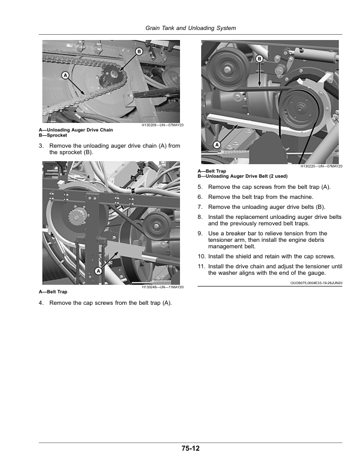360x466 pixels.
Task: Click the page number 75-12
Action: tap(191, 448)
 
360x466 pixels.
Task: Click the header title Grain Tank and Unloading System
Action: tap(191, 28)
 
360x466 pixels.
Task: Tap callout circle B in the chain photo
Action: tap(139, 51)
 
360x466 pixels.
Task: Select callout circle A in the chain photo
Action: tap(65, 75)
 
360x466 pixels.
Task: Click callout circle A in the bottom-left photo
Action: tap(98, 271)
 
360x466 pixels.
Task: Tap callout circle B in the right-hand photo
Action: tap(259, 59)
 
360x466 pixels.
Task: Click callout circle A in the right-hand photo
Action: tap(217, 145)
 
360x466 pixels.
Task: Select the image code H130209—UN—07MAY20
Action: tap(162, 125)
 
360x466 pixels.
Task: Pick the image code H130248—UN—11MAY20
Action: tap(162, 287)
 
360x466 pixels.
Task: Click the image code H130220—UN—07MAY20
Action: tap(321, 166)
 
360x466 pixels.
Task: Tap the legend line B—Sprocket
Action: tap(53, 135)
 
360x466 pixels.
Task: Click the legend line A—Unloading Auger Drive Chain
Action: tap(76, 130)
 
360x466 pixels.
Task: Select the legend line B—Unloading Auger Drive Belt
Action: tap(243, 177)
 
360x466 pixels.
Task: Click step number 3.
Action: tap(41, 146)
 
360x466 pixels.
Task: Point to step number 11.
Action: tap(201, 267)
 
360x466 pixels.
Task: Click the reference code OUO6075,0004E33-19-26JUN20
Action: tap(316, 283)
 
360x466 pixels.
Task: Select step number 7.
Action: tap(200, 207)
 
